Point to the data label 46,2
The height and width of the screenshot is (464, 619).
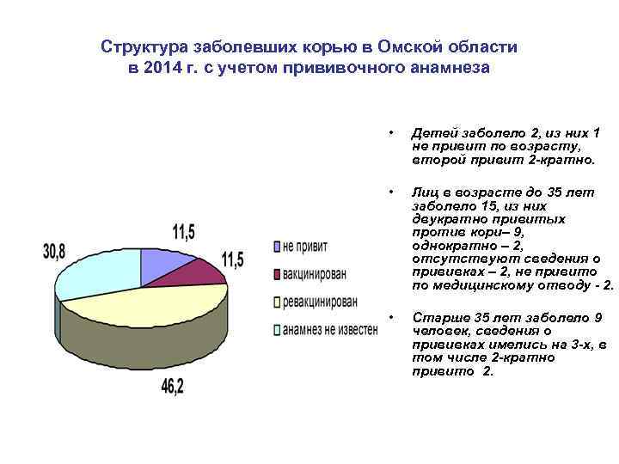(x=172, y=387)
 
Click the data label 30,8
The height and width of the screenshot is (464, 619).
(x=57, y=251)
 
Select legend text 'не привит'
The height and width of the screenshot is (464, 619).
(x=305, y=247)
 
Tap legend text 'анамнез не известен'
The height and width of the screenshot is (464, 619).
(x=330, y=329)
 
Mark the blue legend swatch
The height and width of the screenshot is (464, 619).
(x=277, y=247)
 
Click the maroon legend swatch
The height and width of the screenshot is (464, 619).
(x=277, y=274)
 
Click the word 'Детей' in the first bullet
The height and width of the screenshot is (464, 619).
(x=432, y=133)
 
